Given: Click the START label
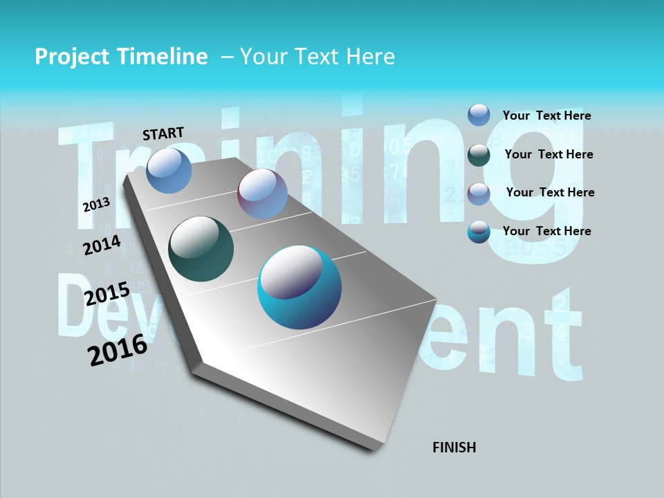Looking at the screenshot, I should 163,133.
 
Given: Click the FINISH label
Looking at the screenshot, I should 454,448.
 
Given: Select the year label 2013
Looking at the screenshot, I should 96,205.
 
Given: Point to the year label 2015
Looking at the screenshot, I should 107,294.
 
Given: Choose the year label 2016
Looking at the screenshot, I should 118,349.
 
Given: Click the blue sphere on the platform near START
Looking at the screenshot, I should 169,170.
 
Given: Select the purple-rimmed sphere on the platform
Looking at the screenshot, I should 262,194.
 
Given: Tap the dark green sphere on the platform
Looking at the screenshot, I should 201,249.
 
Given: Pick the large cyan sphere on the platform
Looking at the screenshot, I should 299,287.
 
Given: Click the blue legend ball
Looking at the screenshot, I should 479,115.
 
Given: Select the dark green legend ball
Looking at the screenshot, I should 479,155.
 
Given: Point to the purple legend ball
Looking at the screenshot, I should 479,194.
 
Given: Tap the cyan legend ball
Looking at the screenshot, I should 479,232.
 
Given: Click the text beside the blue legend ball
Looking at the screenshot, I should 546,116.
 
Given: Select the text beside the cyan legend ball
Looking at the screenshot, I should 546,230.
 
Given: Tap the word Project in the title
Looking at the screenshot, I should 72,57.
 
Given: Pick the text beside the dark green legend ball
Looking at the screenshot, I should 548,154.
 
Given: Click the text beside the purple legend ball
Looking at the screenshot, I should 550,192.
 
